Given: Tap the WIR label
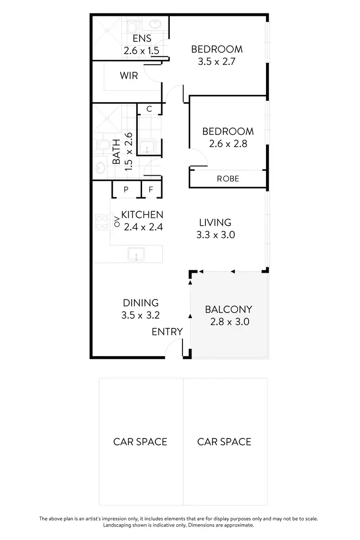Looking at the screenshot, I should click(x=129, y=75).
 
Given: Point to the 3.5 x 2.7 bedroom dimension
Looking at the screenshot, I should click(x=216, y=61).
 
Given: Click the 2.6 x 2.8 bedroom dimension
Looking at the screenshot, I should click(x=228, y=143).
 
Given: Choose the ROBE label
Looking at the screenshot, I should click(x=228, y=179).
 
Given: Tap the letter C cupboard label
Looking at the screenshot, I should click(x=149, y=109).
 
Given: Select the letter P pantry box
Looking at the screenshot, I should click(x=126, y=190).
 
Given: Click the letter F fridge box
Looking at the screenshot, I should click(x=151, y=190).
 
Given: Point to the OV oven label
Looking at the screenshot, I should click(x=116, y=221).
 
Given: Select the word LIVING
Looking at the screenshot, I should click(x=216, y=222).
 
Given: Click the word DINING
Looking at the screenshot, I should click(x=141, y=303).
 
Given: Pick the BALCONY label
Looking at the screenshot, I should click(x=228, y=310).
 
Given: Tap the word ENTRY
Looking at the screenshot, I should click(x=167, y=332).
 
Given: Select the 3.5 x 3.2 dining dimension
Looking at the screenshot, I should click(x=141, y=315).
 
